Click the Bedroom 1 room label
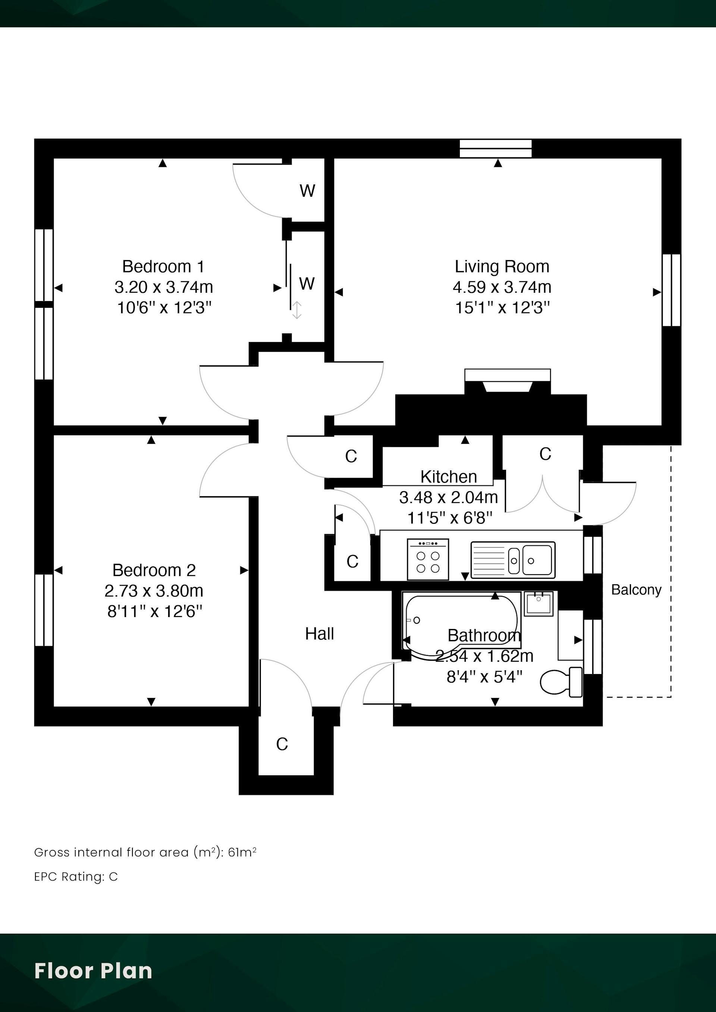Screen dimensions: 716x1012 (163, 267)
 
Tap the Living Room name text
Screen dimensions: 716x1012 (502, 267)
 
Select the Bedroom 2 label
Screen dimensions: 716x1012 (154, 570)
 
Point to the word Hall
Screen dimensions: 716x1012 (319, 634)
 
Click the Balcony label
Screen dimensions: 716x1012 (636, 590)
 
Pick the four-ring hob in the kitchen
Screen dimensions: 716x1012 (428, 559)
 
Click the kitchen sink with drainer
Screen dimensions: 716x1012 (513, 560)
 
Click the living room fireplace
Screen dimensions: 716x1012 (507, 381)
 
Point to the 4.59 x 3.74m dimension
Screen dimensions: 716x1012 (502, 287)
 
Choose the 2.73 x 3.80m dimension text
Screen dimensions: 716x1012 (154, 591)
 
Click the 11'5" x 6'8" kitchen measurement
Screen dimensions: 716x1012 (449, 518)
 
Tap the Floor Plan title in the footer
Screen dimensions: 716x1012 (93, 971)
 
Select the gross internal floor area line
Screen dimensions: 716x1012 (145, 853)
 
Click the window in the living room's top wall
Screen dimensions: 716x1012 (496, 149)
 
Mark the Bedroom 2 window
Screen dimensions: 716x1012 (44, 610)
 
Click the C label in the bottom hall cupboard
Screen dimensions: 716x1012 (282, 744)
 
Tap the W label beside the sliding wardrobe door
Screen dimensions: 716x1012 (307, 284)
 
